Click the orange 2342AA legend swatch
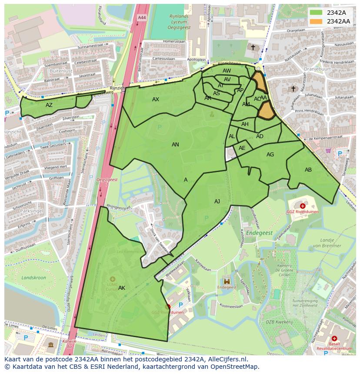[317, 21]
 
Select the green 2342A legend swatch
[317, 13]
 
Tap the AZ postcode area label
[49, 105]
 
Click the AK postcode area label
[122, 288]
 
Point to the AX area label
[156, 99]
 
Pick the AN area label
[175, 145]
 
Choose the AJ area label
[217, 202]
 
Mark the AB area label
[308, 170]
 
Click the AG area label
[270, 155]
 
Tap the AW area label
[227, 71]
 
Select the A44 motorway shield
[142, 17]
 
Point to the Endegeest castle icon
[226, 281]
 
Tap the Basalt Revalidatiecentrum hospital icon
[334, 338]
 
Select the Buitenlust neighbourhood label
[61, 70]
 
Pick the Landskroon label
[33, 278]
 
